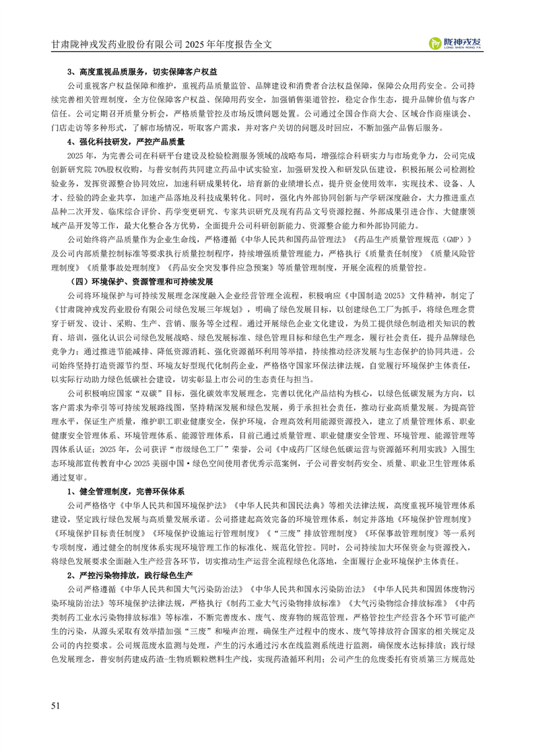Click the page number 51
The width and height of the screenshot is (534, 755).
57,705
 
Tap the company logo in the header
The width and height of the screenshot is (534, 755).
456,44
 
